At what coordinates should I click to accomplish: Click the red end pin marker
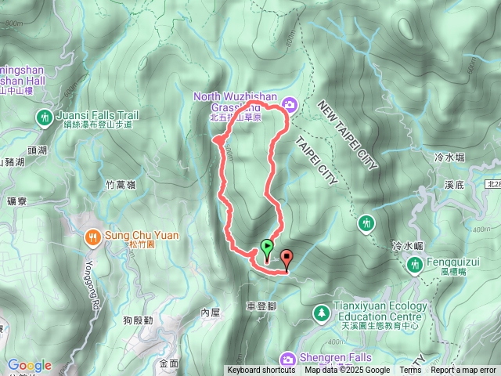tap(287, 258)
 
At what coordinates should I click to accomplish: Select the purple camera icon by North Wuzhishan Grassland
tap(290, 104)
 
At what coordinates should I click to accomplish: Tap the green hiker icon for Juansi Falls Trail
tap(44, 118)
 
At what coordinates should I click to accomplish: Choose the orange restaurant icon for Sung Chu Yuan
tap(93, 236)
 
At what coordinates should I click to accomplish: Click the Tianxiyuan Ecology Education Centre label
tap(378, 311)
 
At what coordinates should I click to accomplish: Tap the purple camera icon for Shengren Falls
tap(288, 358)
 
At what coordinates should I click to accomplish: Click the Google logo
tap(29, 365)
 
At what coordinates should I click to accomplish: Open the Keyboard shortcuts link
tap(261, 371)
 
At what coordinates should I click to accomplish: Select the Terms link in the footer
tap(410, 371)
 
